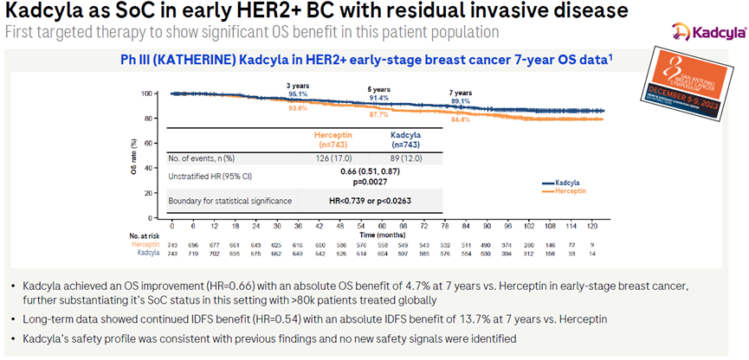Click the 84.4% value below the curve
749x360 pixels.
coord(460,119)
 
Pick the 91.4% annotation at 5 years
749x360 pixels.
coord(378,98)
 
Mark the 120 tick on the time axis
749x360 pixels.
coord(587,226)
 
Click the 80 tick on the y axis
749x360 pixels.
coord(158,118)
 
